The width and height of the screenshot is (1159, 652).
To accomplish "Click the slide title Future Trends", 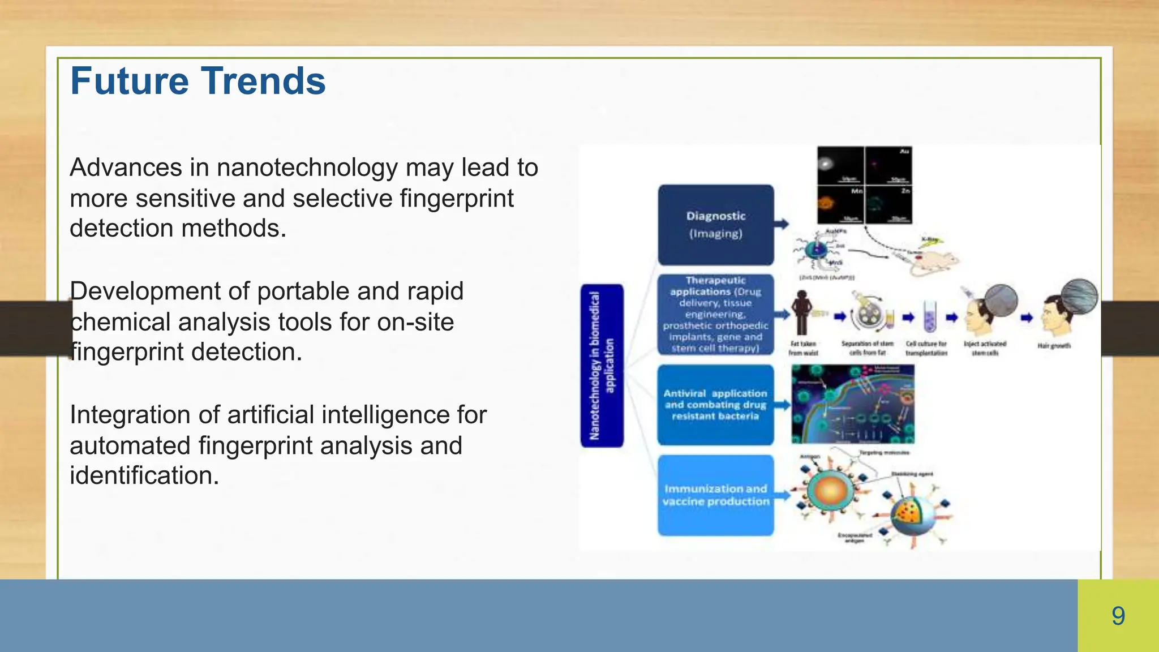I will (198, 81).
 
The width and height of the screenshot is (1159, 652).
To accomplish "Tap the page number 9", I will (1118, 616).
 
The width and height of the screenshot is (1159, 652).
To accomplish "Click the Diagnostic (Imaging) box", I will (715, 225).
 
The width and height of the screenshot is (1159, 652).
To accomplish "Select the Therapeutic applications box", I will (715, 314).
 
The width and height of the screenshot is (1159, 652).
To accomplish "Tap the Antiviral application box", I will (715, 405).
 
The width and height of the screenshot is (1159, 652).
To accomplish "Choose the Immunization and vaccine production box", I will (715, 495).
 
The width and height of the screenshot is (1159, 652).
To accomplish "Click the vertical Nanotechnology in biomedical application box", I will (602, 366).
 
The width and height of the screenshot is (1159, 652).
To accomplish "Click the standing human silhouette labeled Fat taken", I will (801, 312).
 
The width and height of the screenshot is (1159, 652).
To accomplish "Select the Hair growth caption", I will (1054, 345).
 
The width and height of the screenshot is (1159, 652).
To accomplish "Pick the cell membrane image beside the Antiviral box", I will (852, 404).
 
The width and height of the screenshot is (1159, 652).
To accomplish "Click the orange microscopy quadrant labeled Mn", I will (840, 205).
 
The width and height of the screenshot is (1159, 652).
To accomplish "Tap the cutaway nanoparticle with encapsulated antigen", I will (912, 512).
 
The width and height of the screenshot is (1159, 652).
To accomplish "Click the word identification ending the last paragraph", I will (144, 476).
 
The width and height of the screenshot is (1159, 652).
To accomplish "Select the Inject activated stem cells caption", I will (985, 348).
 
